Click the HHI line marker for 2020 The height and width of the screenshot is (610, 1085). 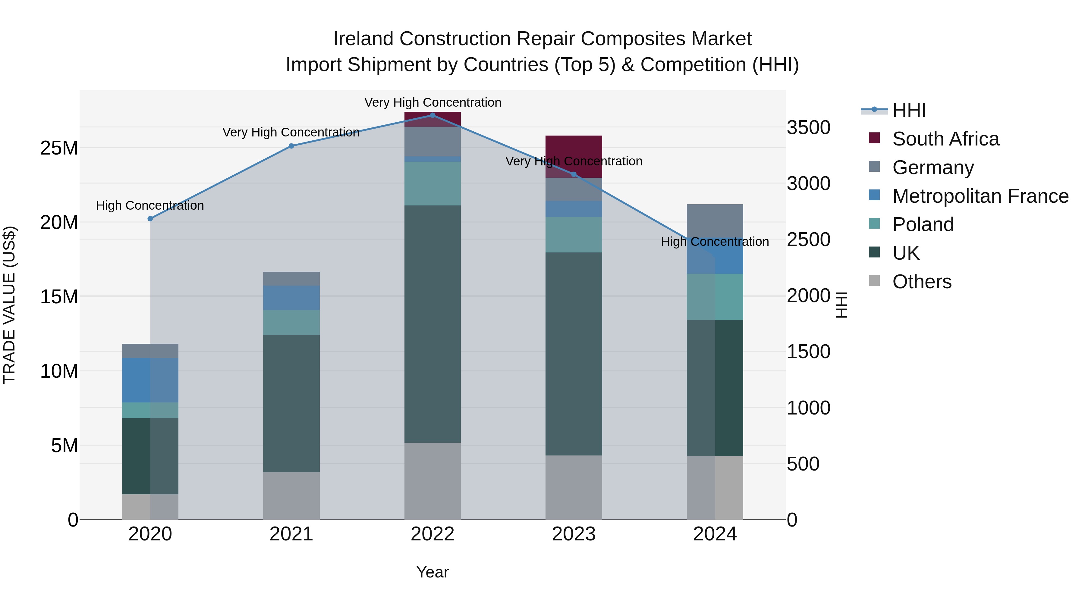point(150,218)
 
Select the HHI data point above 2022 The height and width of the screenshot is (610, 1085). point(432,115)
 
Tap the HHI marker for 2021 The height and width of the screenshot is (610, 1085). point(291,146)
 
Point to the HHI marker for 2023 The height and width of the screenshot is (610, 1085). point(573,174)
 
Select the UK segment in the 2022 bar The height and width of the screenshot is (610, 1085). point(432,324)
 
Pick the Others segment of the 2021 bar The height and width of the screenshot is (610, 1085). point(291,496)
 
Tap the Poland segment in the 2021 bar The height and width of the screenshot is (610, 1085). point(291,322)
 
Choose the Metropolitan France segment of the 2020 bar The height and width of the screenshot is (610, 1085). point(150,380)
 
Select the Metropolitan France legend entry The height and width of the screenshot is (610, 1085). point(980,196)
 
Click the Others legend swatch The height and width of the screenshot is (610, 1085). point(874,281)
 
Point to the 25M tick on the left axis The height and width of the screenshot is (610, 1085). point(59,148)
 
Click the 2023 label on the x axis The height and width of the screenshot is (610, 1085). point(573,534)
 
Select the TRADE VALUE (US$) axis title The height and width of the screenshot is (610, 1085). point(9,305)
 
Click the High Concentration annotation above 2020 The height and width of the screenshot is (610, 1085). point(150,205)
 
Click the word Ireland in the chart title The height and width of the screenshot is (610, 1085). point(363,39)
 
